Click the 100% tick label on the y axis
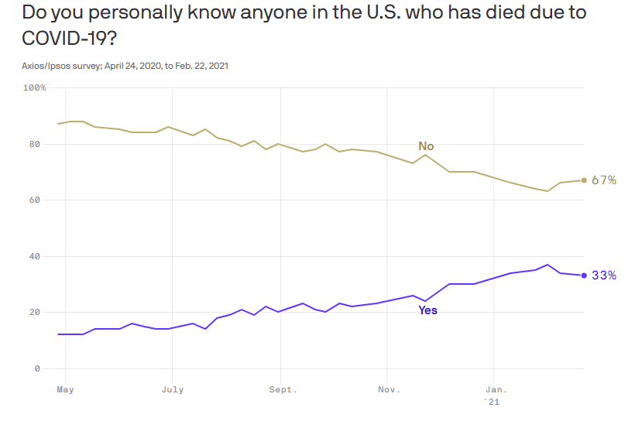[35, 88]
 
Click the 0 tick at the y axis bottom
[37, 368]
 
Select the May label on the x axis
[65, 389]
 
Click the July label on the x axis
[173, 389]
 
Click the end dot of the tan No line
[584, 180]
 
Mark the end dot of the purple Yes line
[584, 276]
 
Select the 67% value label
[604, 180]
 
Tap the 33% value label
[604, 276]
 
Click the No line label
[426, 145]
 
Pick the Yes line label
[427, 310]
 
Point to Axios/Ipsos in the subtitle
[48, 66]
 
